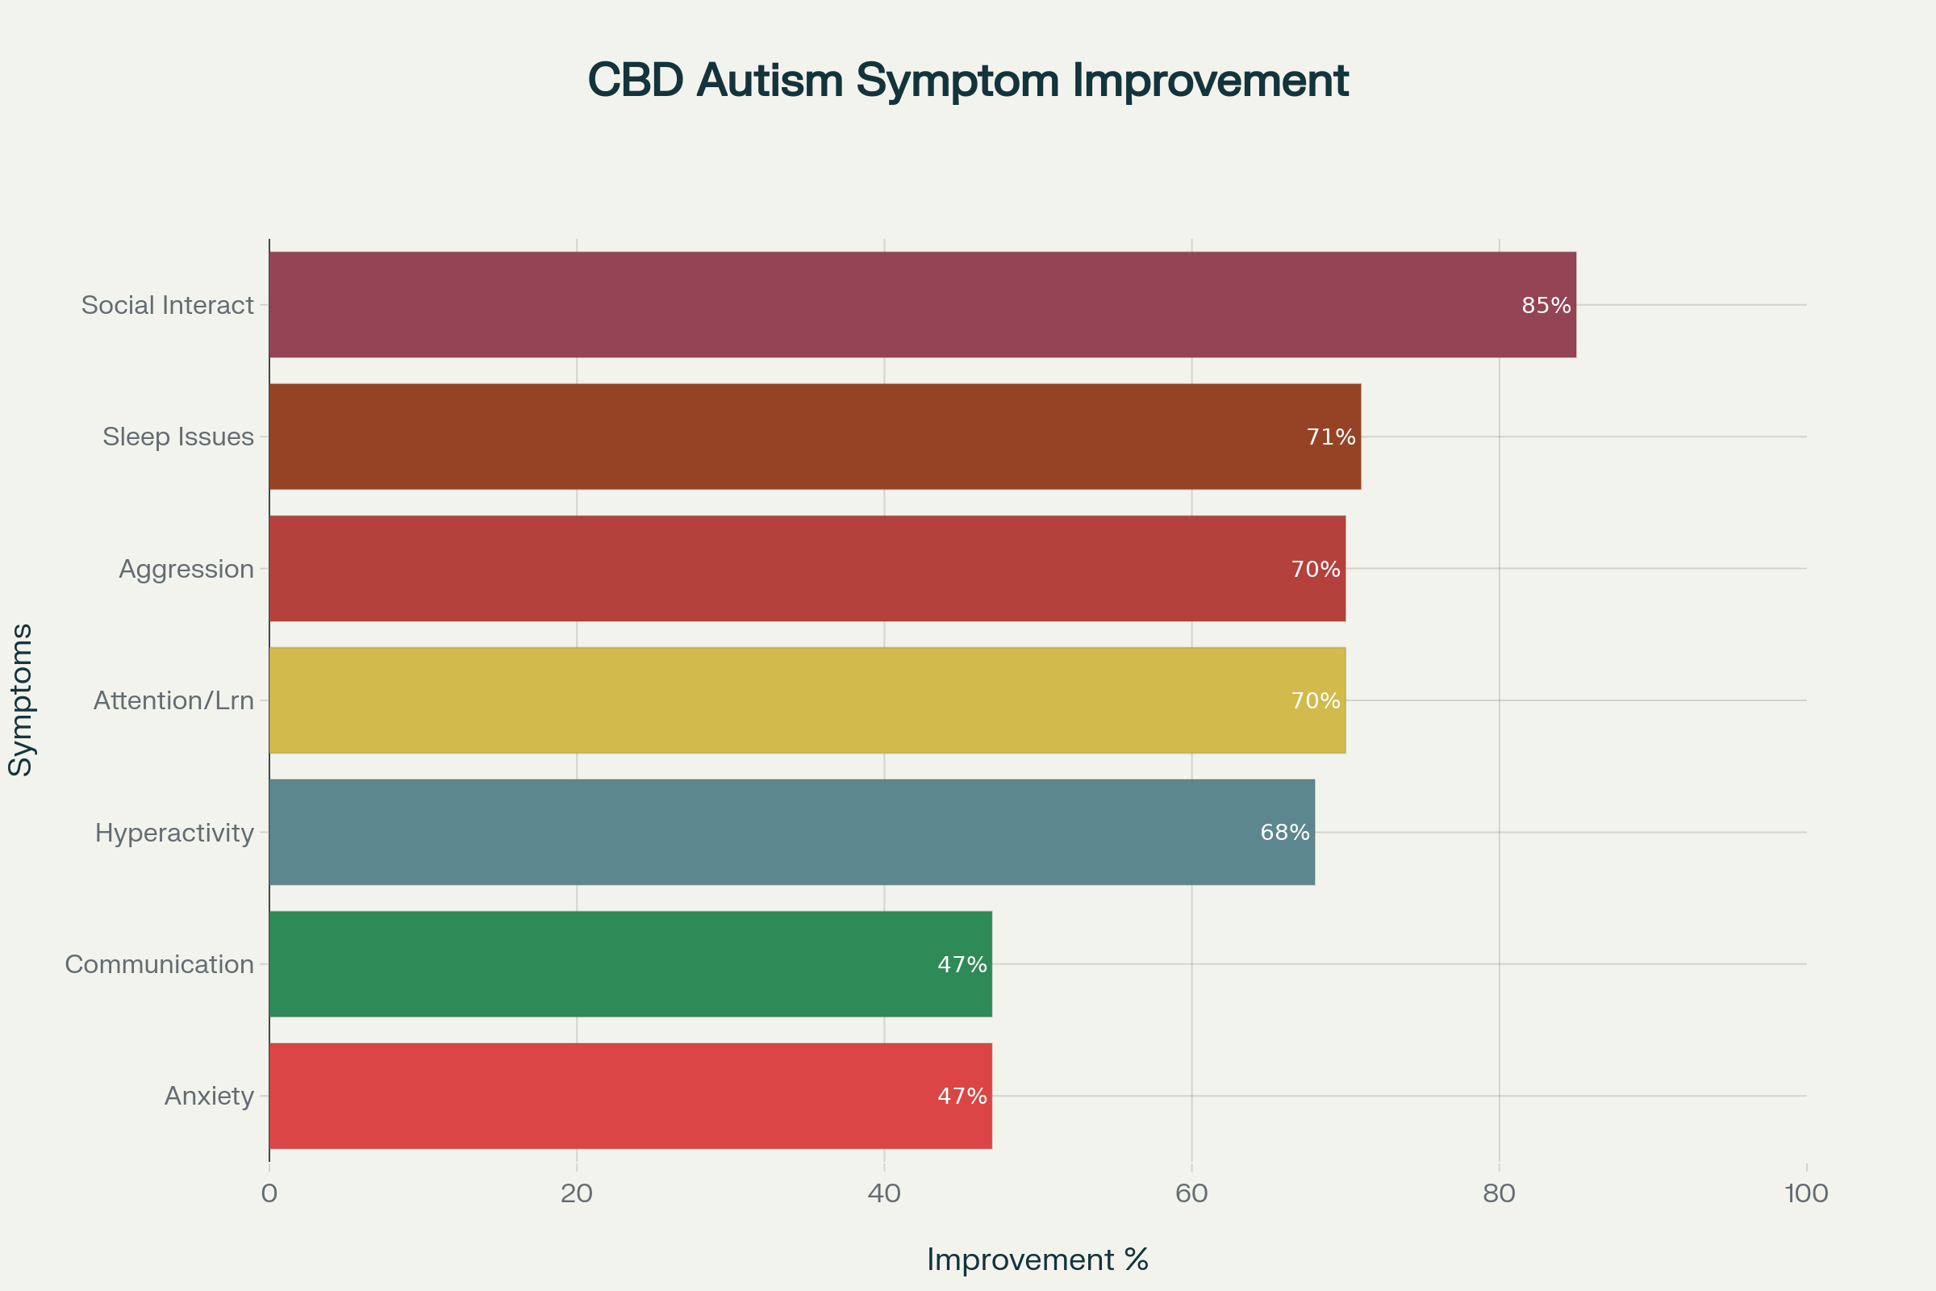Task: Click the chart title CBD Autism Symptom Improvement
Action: coord(968,81)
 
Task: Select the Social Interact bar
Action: coord(922,305)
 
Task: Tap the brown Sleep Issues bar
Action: coord(815,437)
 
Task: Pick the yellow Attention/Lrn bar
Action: coord(807,700)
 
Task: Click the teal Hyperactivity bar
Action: coord(791,832)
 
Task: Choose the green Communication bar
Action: coord(630,963)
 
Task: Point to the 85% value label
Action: coord(1546,306)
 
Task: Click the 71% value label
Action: coord(1330,437)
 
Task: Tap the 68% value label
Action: coord(1284,833)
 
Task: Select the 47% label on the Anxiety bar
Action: coord(962,1096)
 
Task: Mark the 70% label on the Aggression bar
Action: coord(1316,569)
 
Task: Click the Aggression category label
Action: coord(186,569)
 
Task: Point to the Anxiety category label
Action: coord(209,1096)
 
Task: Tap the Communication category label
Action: coord(159,964)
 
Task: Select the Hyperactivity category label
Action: coord(174,833)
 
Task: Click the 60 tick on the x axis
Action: coord(1191,1194)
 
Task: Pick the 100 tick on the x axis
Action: coord(1806,1194)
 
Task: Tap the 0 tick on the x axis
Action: coord(269,1194)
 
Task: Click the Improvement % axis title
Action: coord(1037,1260)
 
